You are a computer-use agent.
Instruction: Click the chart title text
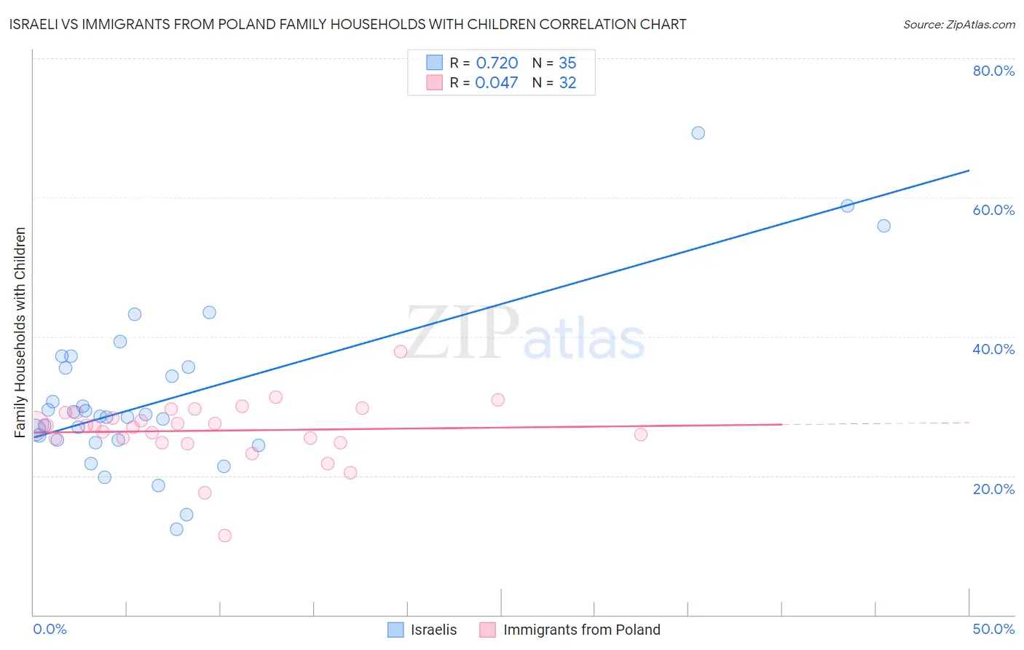tap(347, 24)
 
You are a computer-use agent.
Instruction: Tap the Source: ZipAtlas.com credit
tap(958, 24)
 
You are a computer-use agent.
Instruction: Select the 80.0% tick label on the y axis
tap(993, 71)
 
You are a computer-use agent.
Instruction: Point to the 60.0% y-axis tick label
tap(993, 210)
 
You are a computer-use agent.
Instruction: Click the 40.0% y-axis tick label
tap(993, 349)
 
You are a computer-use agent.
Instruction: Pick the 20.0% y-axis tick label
tap(993, 488)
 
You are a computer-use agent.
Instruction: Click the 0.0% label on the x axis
tap(50, 629)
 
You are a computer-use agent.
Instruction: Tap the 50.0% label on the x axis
tap(993, 629)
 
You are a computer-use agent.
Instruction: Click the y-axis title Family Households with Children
tap(20, 332)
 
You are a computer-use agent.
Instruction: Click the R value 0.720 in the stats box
tap(497, 63)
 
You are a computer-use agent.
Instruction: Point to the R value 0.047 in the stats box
tap(497, 83)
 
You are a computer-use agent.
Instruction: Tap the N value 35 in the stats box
tap(567, 63)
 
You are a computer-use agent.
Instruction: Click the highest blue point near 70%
tap(698, 133)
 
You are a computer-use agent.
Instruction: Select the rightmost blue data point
tap(883, 226)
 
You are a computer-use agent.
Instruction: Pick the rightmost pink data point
tap(641, 434)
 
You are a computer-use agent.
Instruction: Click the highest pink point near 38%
tap(400, 351)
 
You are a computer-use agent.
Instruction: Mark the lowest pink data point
tap(225, 536)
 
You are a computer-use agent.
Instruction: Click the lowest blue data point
tap(176, 529)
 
